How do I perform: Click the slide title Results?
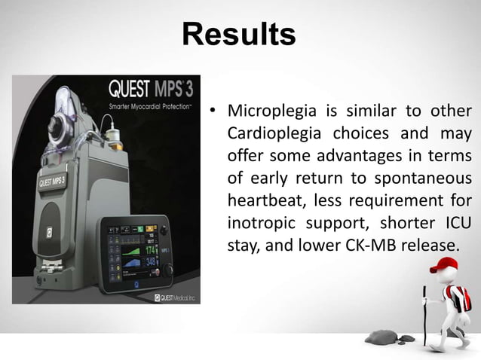tap(239, 34)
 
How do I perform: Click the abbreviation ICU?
tap(455, 224)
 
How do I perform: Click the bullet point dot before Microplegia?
tap(214, 114)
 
